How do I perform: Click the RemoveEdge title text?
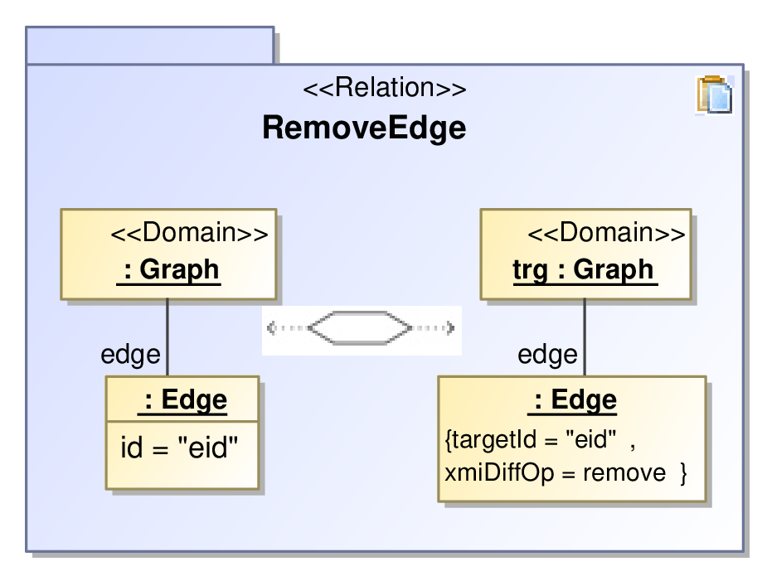(364, 128)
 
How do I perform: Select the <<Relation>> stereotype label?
(385, 88)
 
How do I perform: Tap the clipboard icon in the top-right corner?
(715, 94)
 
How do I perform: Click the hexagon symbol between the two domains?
(361, 327)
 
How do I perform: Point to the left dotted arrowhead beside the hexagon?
(271, 327)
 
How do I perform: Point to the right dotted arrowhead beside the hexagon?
(450, 327)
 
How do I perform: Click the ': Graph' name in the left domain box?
(169, 270)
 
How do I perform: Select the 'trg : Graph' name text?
(585, 270)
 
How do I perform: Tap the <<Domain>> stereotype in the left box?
(190, 232)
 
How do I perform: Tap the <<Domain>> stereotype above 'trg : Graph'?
(607, 232)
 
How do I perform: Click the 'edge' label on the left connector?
(131, 355)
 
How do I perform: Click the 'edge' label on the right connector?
(548, 355)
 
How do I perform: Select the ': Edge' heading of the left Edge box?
(182, 400)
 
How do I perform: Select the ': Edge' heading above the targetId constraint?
(572, 400)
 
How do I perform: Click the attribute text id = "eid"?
(179, 448)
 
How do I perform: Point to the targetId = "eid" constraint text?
(534, 439)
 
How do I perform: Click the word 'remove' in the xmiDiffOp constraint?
(624, 473)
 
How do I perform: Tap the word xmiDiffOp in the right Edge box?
(499, 473)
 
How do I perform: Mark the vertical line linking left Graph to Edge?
(167, 337)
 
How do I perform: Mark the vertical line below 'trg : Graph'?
(585, 337)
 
